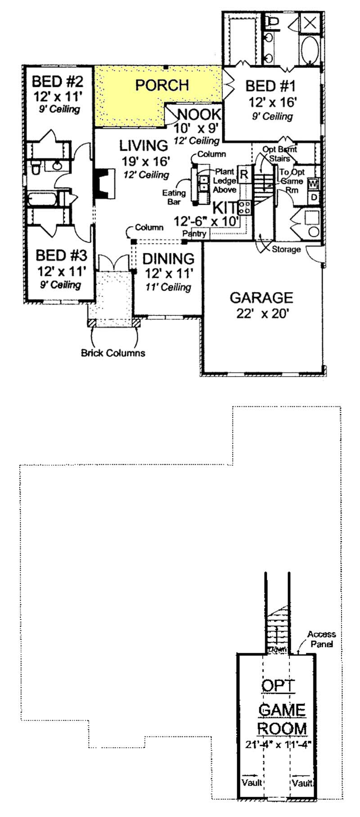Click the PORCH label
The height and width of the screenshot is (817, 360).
coord(162,85)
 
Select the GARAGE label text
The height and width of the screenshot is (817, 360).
coord(261,298)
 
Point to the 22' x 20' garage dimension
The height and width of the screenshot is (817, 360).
coord(261,314)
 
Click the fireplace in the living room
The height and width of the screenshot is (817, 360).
coord(103,184)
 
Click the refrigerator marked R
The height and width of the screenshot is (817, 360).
coord(244,174)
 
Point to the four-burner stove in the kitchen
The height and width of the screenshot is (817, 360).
coord(245,207)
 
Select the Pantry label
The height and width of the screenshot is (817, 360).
coord(195,234)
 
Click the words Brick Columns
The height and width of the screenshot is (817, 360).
coord(113,353)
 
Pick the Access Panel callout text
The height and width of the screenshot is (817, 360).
coord(321,639)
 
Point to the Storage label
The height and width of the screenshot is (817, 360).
coord(286,249)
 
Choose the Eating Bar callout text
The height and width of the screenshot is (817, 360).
coord(174,197)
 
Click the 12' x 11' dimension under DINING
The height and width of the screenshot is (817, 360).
coord(169,273)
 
